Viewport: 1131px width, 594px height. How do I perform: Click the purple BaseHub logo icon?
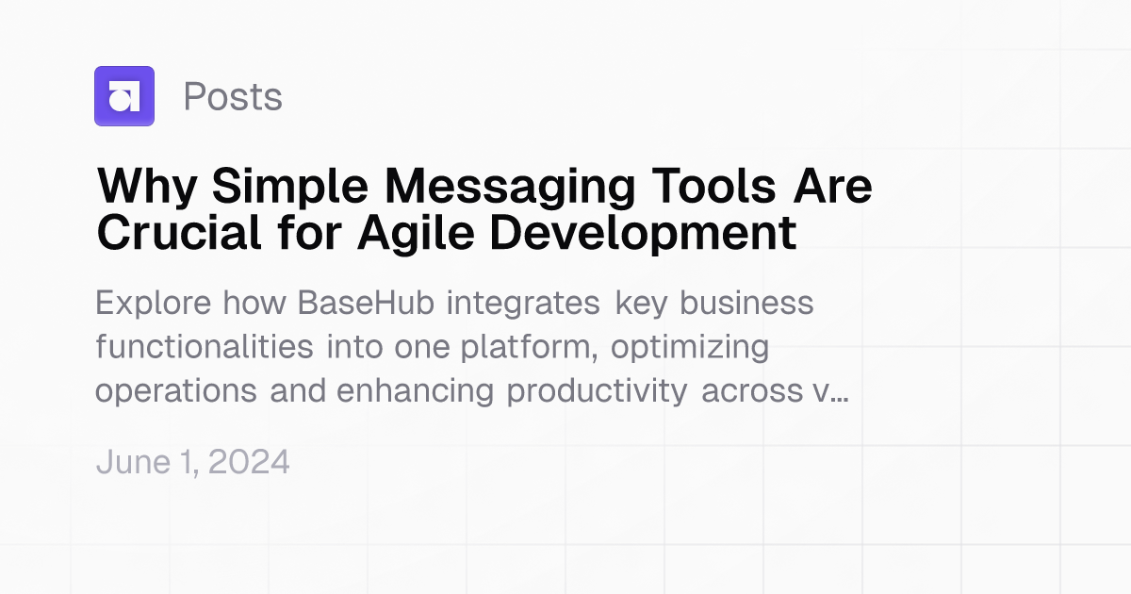pos(123,96)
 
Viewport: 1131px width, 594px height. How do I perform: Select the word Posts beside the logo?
pos(233,97)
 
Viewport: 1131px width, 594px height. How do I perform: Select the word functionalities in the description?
pos(205,347)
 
